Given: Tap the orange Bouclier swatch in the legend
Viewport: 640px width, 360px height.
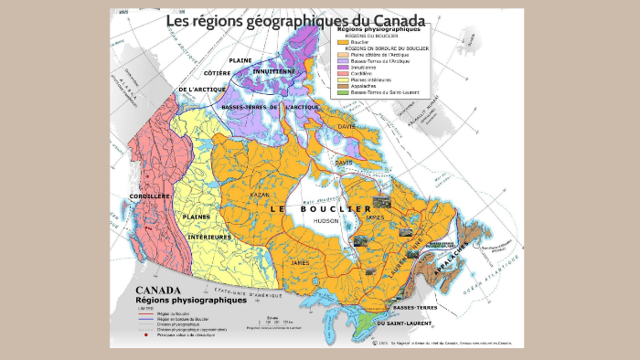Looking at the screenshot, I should coord(342,42).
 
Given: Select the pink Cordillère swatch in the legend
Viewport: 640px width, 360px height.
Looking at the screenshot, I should coord(342,72).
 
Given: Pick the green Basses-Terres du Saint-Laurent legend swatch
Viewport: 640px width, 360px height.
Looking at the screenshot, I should coord(342,91).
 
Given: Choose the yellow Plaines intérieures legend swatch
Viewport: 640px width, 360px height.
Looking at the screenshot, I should coord(342,79).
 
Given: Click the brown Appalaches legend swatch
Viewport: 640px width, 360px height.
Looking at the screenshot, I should coord(342,85).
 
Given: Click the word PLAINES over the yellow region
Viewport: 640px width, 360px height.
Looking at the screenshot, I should coord(196,217).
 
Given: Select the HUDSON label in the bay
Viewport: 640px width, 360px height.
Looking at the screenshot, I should coord(325,220).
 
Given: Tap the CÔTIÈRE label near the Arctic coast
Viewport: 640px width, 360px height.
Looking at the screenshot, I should coord(217,72).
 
